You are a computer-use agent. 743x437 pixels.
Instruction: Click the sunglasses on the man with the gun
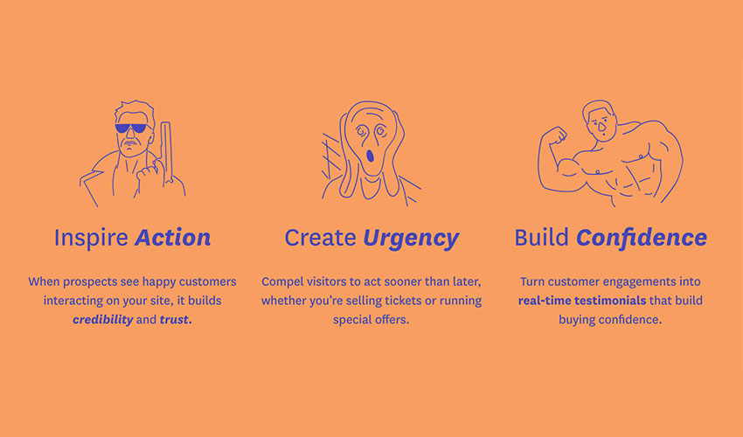pos(131,128)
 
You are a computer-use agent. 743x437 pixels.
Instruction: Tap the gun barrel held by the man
pos(165,152)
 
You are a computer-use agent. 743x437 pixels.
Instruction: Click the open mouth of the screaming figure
pos(370,155)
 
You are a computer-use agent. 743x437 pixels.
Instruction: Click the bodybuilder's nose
pos(601,127)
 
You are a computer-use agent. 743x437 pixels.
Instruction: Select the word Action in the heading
pos(172,238)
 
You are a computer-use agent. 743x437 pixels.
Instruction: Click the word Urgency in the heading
pos(411,238)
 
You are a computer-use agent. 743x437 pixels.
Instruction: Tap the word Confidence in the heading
pos(642,238)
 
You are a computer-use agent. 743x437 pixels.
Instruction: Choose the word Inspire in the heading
pos(91,238)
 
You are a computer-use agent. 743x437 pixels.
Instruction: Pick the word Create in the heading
pos(320,238)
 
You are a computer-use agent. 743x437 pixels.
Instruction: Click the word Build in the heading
pos(541,238)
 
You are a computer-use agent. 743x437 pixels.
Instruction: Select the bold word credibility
pos(103,320)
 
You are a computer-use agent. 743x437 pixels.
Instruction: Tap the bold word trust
pos(176,320)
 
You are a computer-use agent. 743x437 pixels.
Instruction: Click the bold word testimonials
pos(610,301)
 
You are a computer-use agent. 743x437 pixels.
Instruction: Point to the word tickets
pos(404,301)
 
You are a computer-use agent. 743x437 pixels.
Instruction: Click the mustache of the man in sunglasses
pos(131,142)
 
